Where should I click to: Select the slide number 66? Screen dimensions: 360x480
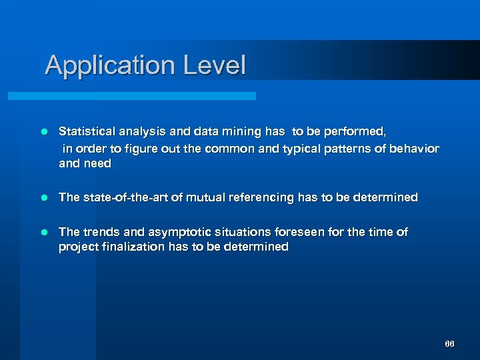pyautogui.click(x=449, y=344)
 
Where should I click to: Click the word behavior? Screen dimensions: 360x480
pyautogui.click(x=414, y=148)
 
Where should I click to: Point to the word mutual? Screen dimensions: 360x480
pyautogui.click(x=209, y=197)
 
